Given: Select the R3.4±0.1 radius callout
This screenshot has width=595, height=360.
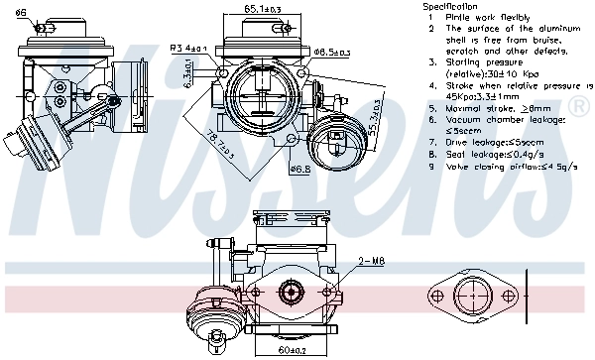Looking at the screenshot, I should [x=189, y=47].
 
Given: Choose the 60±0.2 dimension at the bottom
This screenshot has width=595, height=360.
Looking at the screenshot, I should [x=292, y=350].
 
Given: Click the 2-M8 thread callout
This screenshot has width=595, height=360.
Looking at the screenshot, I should [x=371, y=261].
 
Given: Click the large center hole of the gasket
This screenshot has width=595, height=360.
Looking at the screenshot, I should [x=472, y=297].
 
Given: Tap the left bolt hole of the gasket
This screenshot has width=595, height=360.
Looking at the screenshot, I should [x=436, y=297].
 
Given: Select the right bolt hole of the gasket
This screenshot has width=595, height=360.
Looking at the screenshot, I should [x=508, y=297].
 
